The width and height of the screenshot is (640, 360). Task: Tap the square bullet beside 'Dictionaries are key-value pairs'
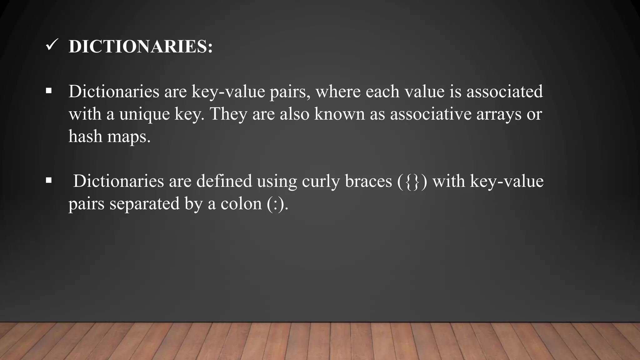pos(48,91)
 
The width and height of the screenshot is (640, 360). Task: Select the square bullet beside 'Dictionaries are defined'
pos(48,180)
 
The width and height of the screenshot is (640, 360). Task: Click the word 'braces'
pos(368,181)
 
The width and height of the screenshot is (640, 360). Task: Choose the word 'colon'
pos(241,204)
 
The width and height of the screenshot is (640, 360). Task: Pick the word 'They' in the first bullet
pos(228,114)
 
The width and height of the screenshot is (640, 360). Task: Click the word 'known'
pos(339,114)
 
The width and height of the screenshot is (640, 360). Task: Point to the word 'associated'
pos(504,92)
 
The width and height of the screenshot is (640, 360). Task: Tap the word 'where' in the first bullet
pos(338,92)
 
